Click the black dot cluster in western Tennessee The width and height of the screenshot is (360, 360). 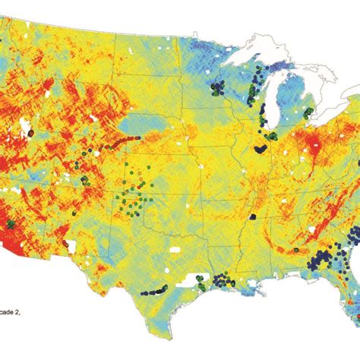251,217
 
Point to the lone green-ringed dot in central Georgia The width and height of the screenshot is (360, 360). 296,249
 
